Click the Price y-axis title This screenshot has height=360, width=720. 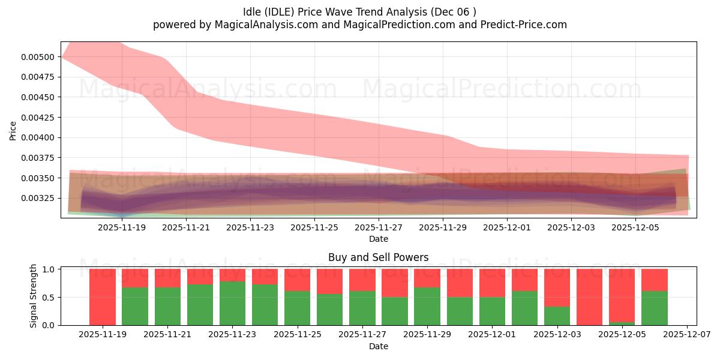click(13, 130)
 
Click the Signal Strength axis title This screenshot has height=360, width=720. click(34, 296)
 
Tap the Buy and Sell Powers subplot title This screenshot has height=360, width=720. click(378, 257)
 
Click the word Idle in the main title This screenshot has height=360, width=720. click(256, 11)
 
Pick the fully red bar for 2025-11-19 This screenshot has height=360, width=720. click(103, 297)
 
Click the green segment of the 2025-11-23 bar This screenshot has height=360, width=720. click(232, 303)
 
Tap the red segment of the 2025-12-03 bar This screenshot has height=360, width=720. click(557, 287)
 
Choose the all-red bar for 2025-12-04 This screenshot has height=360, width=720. click(590, 297)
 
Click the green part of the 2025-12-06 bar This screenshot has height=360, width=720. click(655, 308)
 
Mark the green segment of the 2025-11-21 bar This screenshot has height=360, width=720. click(167, 306)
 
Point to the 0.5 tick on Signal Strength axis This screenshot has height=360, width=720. click(49, 297)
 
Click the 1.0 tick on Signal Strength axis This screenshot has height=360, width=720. click(49, 269)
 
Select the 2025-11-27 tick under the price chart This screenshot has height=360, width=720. click(379, 227)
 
